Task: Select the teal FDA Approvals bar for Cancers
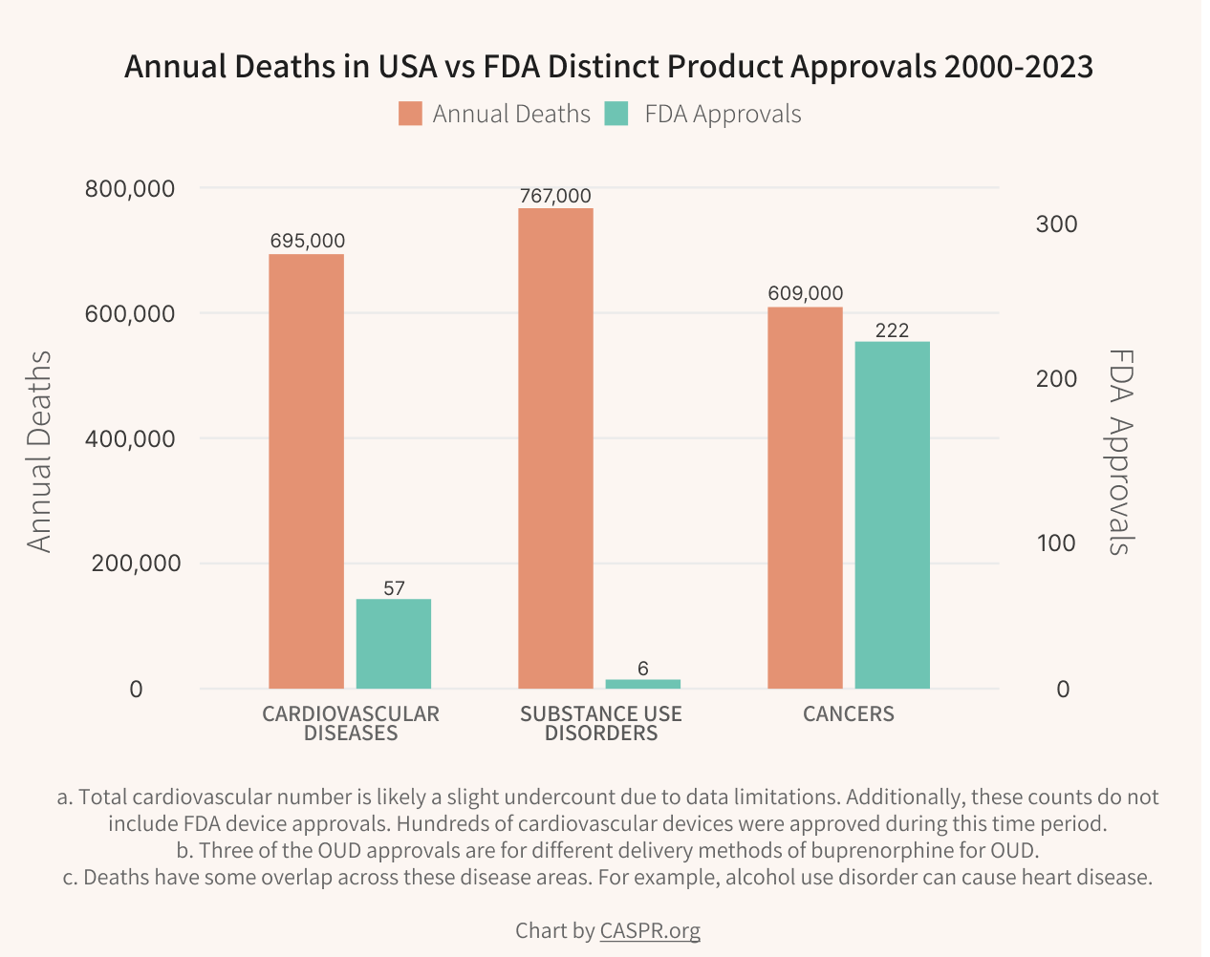[892, 515]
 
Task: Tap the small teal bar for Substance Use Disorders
[642, 684]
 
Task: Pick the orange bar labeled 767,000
[555, 448]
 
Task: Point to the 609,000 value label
[805, 293]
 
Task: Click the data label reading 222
[892, 330]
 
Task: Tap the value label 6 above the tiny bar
[642, 669]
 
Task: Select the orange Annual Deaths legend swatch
[410, 114]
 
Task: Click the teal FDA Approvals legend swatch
[617, 114]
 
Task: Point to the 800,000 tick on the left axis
[130, 188]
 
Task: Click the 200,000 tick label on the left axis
[136, 564]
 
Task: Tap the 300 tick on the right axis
[1056, 224]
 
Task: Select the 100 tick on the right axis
[1056, 543]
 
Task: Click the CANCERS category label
[848, 714]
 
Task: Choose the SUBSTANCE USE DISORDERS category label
[601, 723]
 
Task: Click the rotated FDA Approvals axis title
[1119, 451]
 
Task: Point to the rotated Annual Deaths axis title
[39, 451]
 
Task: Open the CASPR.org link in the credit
[650, 930]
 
